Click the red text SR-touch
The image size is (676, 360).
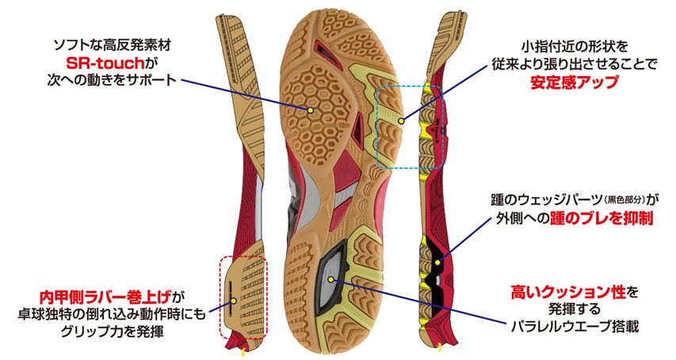point(105,63)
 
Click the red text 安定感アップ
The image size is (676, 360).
point(575,82)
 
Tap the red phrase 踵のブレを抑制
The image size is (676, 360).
point(602,219)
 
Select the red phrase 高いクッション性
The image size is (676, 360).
point(567,293)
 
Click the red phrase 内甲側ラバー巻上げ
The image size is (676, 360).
point(105,297)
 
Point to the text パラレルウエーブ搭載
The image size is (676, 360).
point(575,326)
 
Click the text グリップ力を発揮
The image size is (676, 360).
point(112,331)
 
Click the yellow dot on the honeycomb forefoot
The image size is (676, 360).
point(310,110)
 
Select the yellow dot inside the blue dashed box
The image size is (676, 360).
point(401,121)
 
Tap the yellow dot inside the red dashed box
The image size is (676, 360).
point(233,301)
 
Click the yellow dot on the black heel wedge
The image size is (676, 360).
point(437,262)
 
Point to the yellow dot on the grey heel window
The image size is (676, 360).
point(331,278)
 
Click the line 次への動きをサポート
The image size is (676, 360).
point(112,80)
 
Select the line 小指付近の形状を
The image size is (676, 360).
point(575,46)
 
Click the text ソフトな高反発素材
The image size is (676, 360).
point(112,45)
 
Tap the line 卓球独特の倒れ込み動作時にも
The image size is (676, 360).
point(112,314)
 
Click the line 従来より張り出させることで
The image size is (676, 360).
point(575,64)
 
